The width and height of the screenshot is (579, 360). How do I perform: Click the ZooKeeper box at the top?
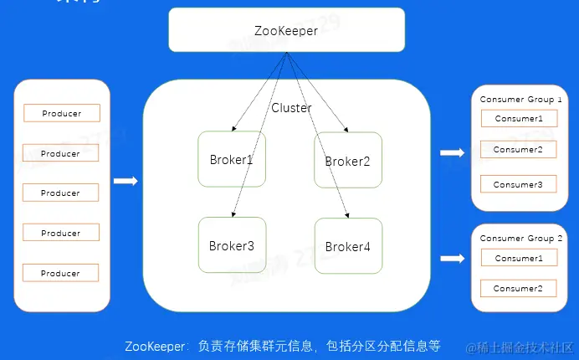coord(287,30)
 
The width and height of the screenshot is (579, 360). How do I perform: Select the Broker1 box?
coord(230,159)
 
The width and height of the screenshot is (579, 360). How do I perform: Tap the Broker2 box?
coord(347,160)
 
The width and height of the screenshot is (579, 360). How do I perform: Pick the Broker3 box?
coord(231,245)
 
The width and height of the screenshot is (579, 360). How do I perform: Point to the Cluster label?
coord(291,108)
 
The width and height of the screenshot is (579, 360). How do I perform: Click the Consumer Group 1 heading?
coord(520,99)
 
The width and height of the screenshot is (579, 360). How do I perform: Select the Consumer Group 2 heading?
coord(520,239)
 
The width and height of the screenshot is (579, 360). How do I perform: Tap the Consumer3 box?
coord(519,184)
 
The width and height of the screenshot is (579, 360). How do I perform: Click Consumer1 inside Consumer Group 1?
coord(519,119)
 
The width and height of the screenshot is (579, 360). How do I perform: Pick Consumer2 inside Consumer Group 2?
coord(519,289)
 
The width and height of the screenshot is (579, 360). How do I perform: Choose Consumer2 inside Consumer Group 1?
coord(519,150)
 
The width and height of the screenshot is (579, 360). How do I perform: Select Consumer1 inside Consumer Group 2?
coord(519,259)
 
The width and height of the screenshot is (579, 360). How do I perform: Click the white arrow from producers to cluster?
coord(126,181)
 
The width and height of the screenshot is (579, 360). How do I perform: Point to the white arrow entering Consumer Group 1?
coord(452,152)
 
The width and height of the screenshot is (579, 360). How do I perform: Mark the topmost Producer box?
coord(60,113)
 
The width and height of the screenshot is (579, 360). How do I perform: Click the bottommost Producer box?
coord(60,273)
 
